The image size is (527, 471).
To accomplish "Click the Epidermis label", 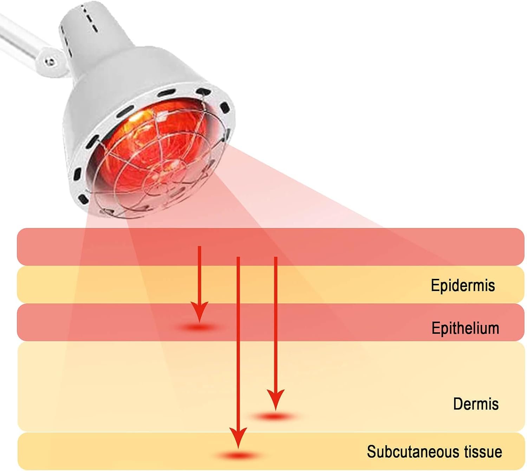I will point(463,285).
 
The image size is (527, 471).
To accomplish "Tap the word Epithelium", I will point(465,328).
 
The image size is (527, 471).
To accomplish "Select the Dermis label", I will point(476,404).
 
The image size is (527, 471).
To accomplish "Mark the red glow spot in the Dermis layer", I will point(275,417).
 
